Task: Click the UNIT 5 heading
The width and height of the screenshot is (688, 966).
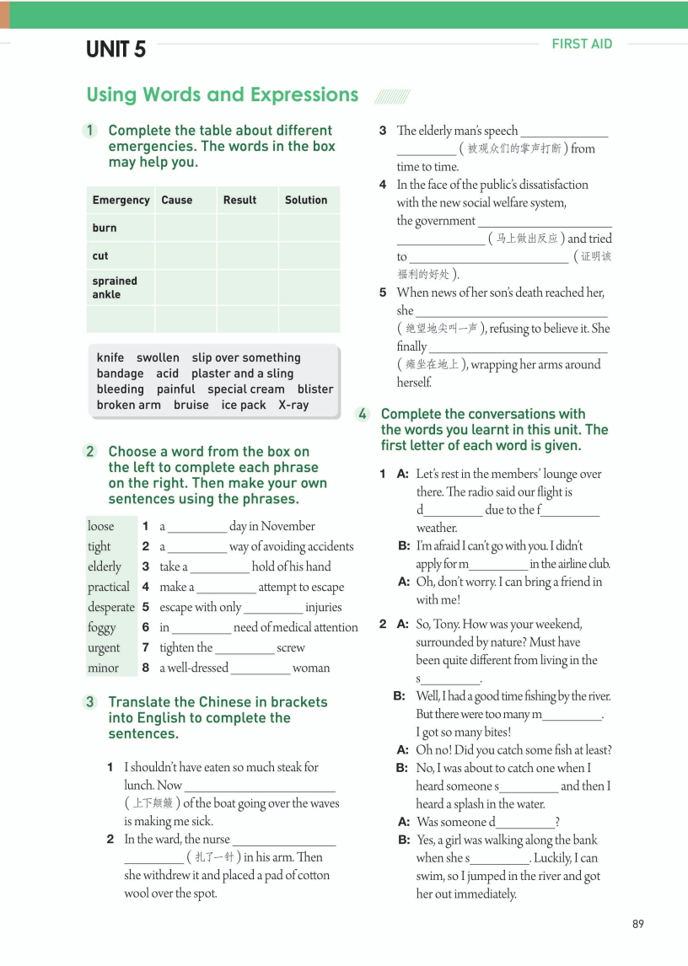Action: (116, 50)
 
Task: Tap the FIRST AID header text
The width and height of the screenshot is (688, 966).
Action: (582, 44)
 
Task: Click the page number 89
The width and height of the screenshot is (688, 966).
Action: (637, 924)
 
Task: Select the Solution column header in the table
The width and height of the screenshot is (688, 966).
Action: (306, 200)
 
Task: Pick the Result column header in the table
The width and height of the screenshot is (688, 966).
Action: (239, 200)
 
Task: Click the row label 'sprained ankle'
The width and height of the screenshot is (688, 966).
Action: (115, 287)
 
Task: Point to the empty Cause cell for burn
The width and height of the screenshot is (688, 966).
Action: (185, 228)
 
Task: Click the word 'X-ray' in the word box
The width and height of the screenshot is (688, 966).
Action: (293, 405)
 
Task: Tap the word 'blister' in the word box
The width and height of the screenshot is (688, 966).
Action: (315, 389)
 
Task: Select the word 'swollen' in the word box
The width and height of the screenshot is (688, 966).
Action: (158, 357)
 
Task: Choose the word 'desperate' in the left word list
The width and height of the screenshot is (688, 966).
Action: (111, 607)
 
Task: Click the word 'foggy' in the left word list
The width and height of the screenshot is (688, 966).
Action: (102, 627)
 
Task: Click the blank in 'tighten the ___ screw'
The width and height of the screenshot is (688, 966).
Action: (245, 648)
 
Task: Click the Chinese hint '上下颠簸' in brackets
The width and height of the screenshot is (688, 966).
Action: (153, 803)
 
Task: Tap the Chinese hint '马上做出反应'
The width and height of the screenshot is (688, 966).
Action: (527, 239)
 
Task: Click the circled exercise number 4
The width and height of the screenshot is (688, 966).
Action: (363, 414)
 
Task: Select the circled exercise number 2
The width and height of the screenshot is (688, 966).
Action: (90, 451)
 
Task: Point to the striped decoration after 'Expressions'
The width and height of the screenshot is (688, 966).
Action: (391, 96)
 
